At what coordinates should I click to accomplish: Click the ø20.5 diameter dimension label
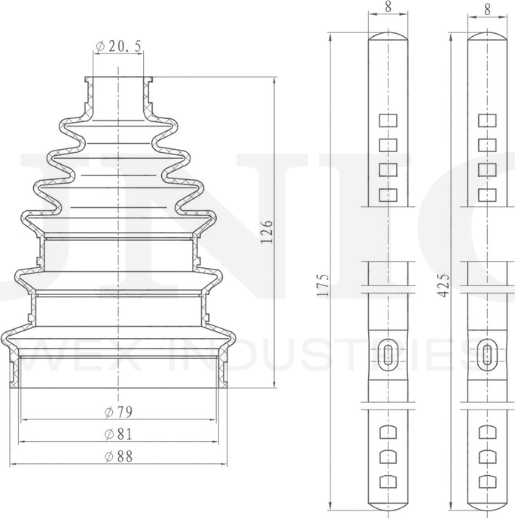tap(118, 47)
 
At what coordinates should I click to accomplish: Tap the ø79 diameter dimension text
tap(118, 412)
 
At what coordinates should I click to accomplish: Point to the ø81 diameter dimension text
tap(118, 434)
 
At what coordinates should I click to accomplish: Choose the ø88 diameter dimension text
tap(118, 456)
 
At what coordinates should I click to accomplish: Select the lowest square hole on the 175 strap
tap(388, 196)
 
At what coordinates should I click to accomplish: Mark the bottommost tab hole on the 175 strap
tap(388, 483)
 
